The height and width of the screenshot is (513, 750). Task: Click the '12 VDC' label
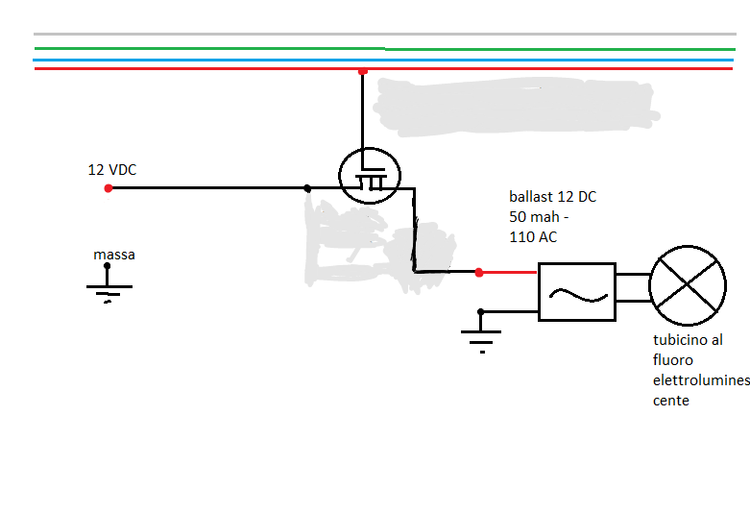click(x=112, y=170)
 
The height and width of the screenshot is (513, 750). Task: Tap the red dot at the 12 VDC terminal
click(x=109, y=188)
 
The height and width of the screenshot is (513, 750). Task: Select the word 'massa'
click(x=114, y=255)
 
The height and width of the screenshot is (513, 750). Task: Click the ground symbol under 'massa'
click(x=107, y=290)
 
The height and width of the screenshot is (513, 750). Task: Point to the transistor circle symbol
click(x=369, y=175)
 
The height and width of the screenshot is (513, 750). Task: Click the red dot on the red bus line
click(x=362, y=71)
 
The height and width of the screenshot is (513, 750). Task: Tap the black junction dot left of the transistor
click(x=306, y=188)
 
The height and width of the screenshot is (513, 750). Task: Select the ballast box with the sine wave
click(x=576, y=292)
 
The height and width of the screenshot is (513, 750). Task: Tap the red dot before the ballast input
click(x=479, y=272)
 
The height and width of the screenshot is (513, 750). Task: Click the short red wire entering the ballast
click(x=509, y=272)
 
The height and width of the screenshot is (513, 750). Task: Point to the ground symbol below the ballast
click(x=481, y=335)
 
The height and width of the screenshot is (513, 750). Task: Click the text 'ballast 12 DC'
click(x=552, y=197)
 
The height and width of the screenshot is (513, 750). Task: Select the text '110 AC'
click(x=533, y=236)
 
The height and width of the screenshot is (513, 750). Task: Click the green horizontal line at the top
click(x=384, y=48)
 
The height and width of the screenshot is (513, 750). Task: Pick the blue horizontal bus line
click(x=384, y=60)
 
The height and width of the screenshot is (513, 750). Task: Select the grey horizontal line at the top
click(x=384, y=35)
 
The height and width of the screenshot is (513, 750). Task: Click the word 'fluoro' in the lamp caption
click(x=673, y=360)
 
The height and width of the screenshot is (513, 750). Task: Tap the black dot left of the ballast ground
click(x=481, y=312)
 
